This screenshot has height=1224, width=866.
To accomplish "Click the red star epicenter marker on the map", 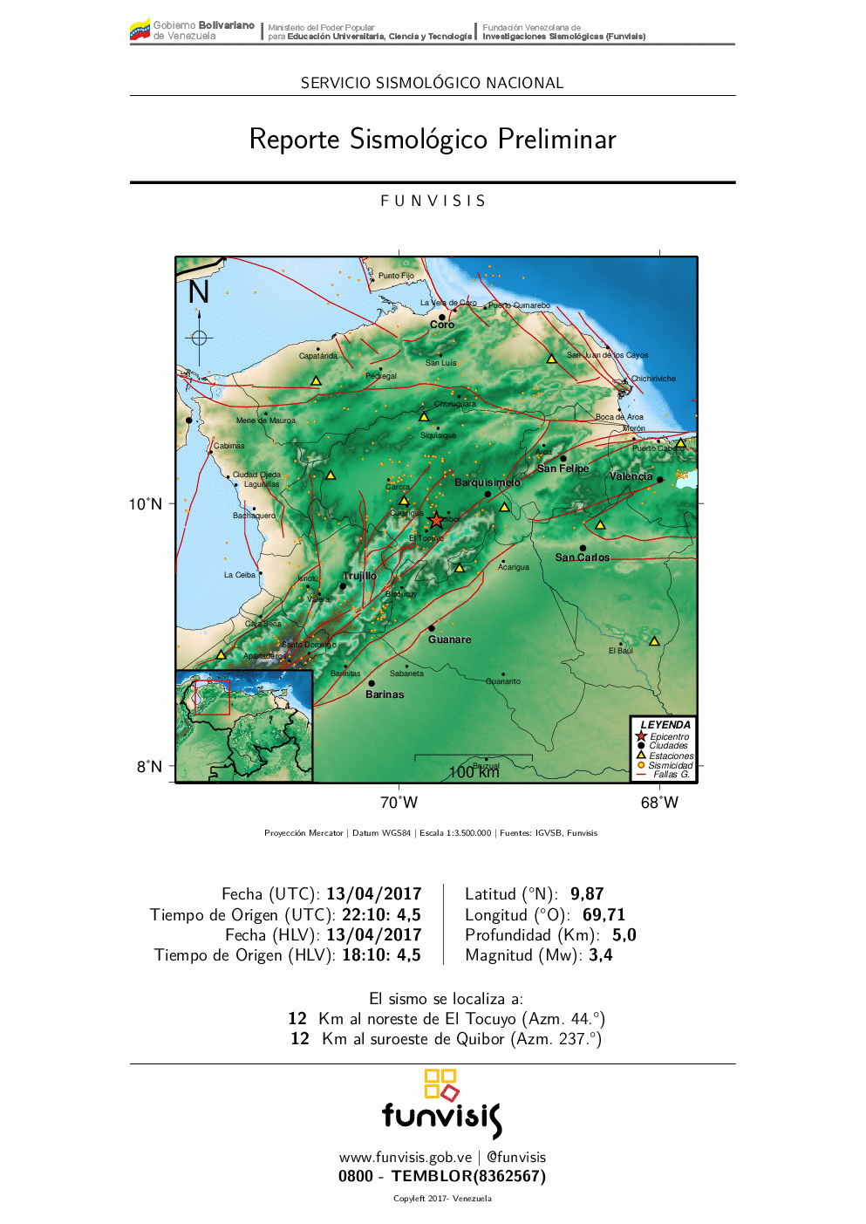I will point(436,520).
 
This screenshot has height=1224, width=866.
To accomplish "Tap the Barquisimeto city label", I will point(487,482).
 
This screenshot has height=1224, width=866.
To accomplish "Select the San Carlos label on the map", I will point(583,557).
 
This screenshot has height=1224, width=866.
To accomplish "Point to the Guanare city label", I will point(449,639).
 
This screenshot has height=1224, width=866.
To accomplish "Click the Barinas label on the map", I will point(385,694).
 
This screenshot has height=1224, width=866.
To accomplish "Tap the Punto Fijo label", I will point(396,276).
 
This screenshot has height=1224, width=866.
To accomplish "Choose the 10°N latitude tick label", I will point(146,504).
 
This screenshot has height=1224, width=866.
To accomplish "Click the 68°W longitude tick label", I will point(659,803).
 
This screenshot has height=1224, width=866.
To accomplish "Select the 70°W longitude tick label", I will point(399,803).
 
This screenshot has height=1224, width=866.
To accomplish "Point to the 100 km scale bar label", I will point(474,772).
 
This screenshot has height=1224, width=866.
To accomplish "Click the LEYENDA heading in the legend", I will point(665,725).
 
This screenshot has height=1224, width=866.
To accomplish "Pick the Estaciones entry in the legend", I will point(671,756).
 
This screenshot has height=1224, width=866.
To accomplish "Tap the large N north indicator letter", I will point(199,292).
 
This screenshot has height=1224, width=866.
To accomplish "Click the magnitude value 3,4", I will point(601,955).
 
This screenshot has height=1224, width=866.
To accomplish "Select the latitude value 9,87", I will point(587,894).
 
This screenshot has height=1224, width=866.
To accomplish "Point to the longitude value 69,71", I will point(603,915).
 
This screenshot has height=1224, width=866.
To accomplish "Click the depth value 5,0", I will point(624,935).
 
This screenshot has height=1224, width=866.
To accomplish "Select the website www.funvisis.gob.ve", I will point(406,1158).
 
